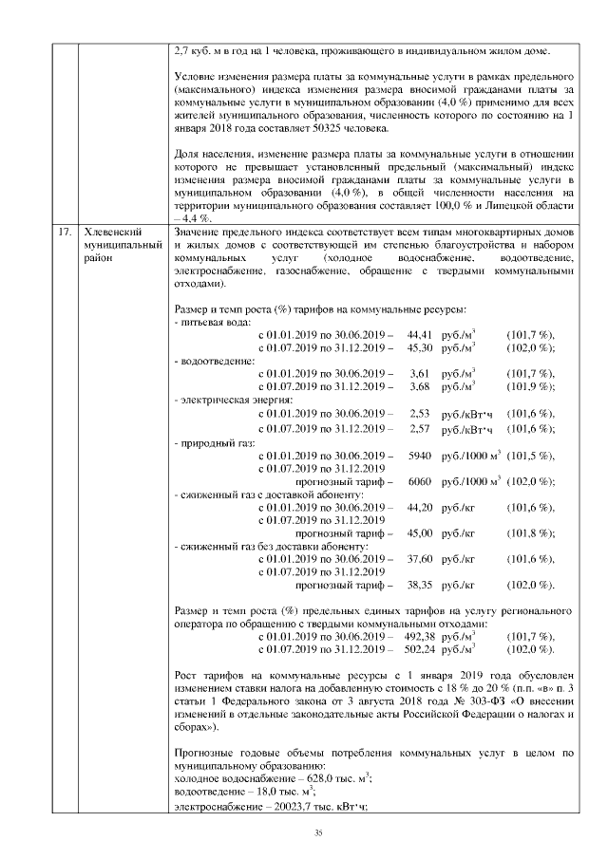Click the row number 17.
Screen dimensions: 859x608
click(64, 232)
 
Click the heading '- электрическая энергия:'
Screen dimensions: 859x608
click(233, 400)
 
